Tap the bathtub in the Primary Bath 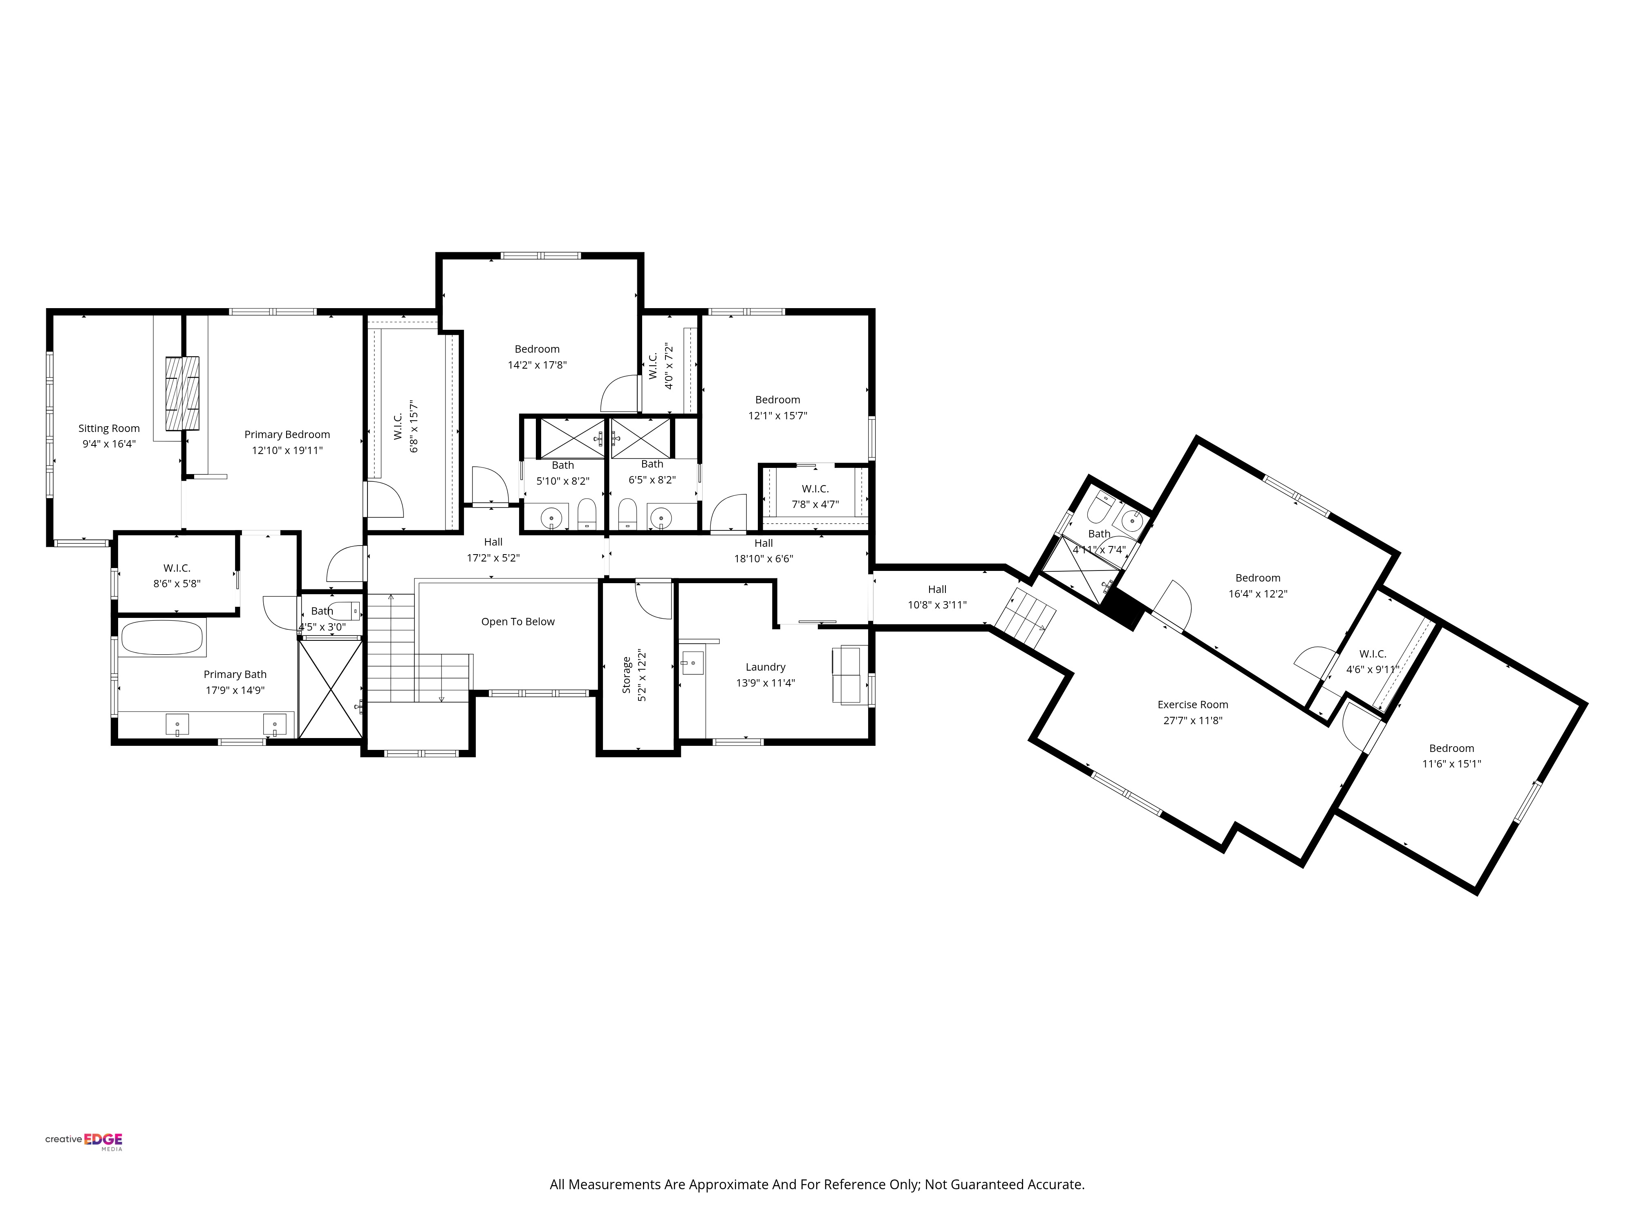tap(161, 638)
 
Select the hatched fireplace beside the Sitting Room tap(182, 393)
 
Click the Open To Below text tap(517, 622)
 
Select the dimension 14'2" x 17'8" tap(537, 365)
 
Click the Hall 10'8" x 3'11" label tap(936, 590)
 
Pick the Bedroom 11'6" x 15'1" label tap(1451, 749)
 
